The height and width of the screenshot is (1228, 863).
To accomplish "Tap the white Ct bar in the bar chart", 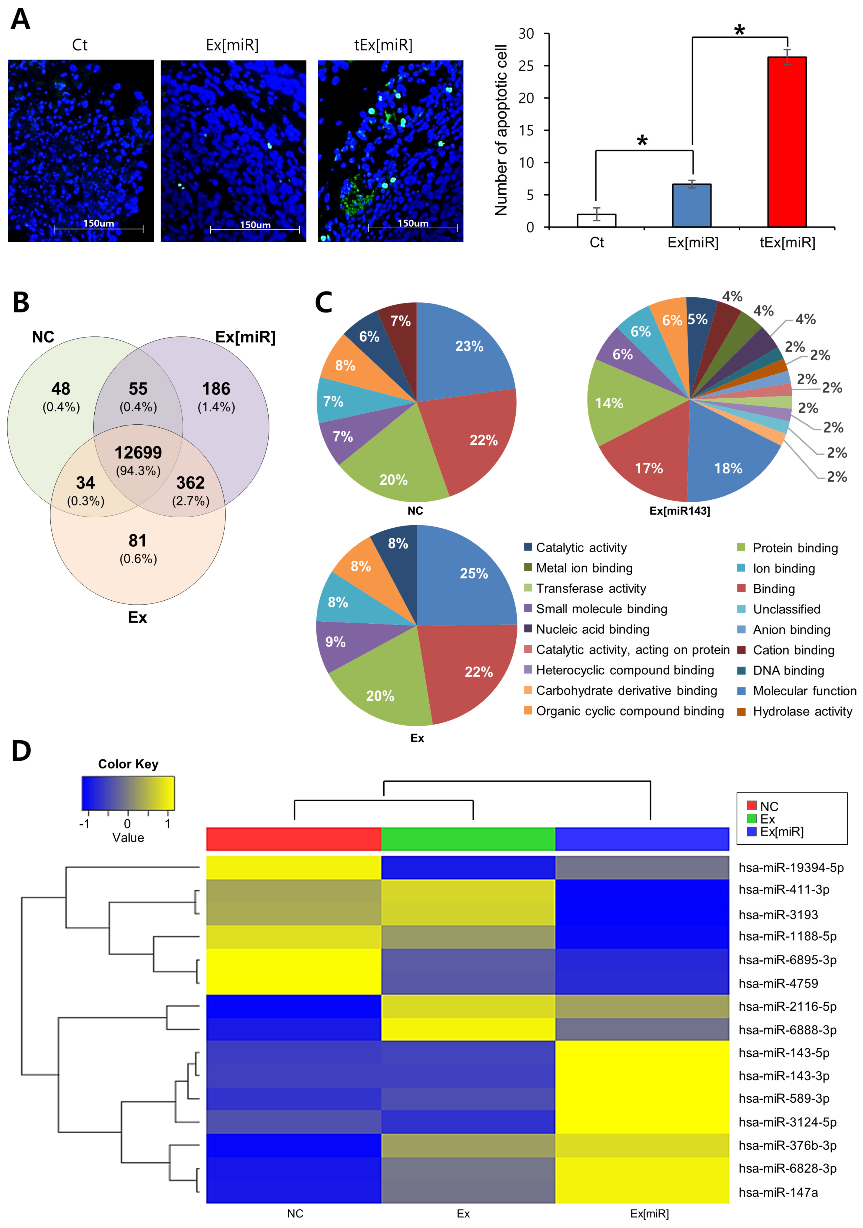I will click(x=596, y=220).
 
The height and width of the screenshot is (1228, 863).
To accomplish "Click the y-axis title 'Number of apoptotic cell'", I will click(x=501, y=130).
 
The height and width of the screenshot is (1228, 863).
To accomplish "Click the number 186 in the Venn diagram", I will click(x=216, y=389).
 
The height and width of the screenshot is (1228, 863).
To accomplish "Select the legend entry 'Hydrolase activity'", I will click(x=802, y=711).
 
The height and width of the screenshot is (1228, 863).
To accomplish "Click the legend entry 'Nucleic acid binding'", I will click(x=592, y=629).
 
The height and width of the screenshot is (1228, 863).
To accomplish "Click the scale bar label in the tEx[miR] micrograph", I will click(x=413, y=223).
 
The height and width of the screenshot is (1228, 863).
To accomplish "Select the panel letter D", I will click(x=21, y=751).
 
